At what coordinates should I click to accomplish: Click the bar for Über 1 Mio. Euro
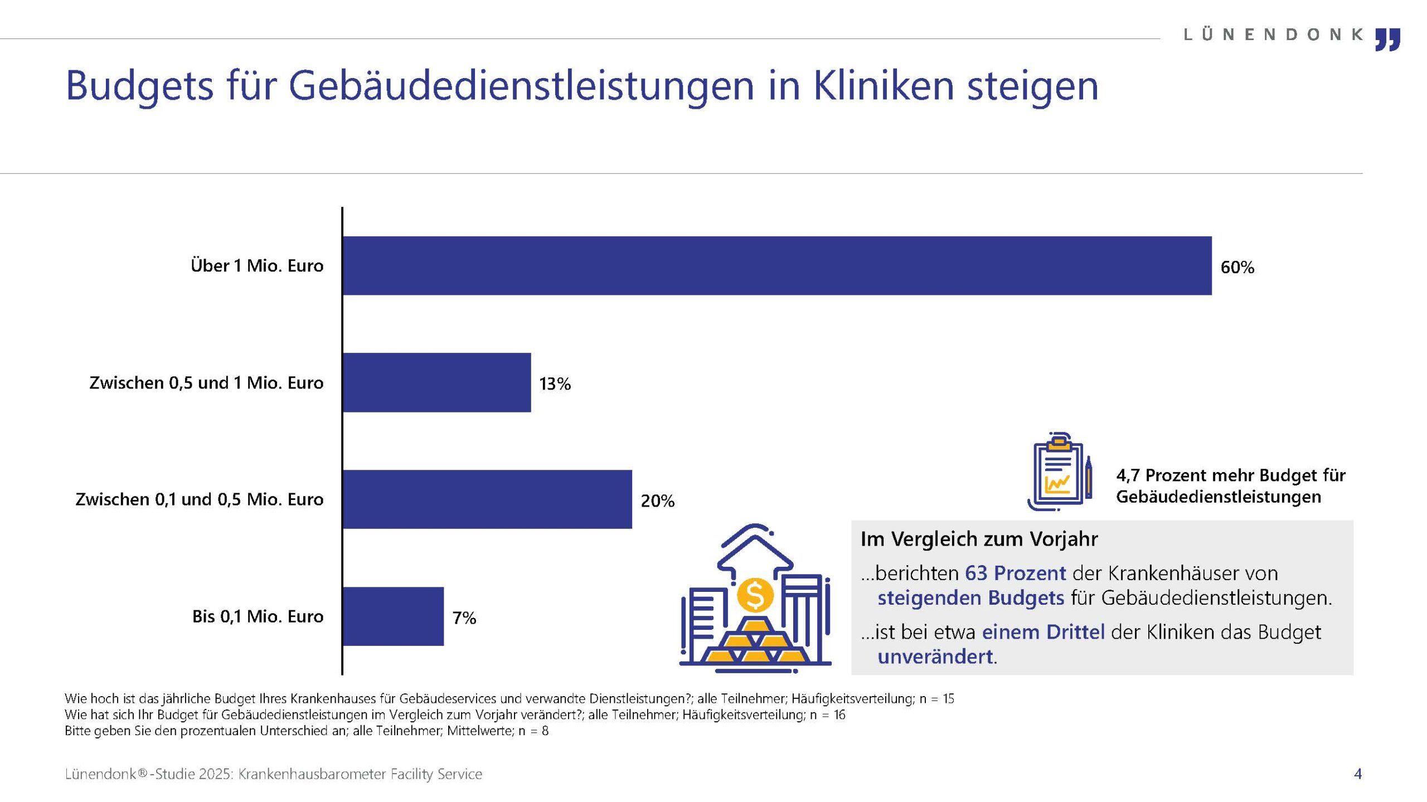coord(777,265)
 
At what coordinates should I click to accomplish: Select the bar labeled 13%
coord(437,382)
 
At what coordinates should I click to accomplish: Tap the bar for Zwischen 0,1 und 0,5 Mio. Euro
coord(487,499)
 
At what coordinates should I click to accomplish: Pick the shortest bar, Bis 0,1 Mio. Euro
coord(393,616)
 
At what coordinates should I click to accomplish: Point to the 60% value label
coord(1237,268)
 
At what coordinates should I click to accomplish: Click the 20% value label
coord(657,501)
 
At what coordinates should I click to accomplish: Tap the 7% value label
coord(464,618)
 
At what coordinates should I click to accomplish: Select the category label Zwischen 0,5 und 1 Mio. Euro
coord(206,383)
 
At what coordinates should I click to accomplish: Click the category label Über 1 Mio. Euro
coord(257,265)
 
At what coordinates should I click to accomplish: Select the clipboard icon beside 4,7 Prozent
coord(1060,471)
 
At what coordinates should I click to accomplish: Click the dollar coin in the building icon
coord(755,595)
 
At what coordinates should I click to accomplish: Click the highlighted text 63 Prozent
coord(1016,573)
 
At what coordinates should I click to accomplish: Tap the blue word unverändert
coord(935,657)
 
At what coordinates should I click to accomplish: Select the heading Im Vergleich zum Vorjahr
coord(979,539)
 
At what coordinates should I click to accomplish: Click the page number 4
coord(1358,774)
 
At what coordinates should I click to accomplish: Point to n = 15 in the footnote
coord(937,698)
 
